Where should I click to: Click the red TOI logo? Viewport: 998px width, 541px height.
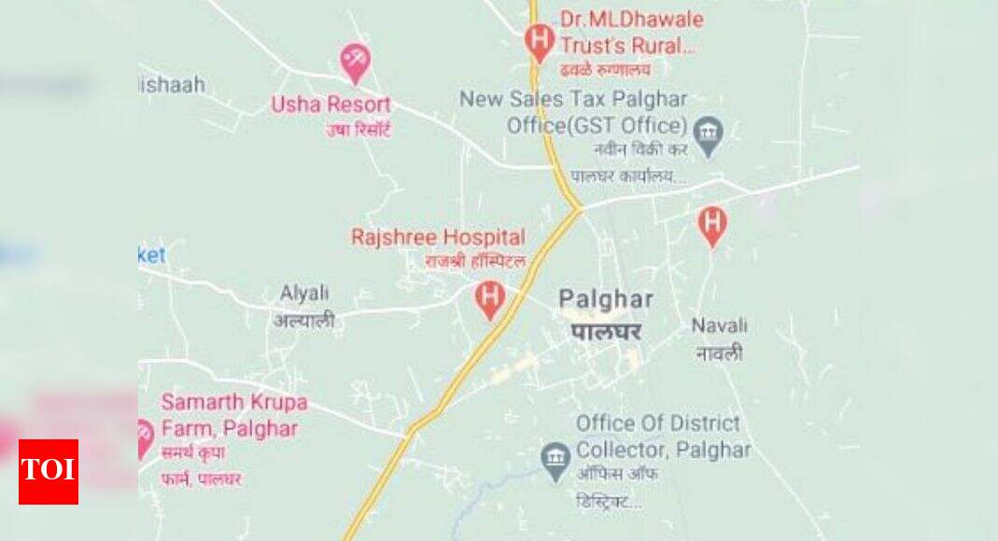(49, 472)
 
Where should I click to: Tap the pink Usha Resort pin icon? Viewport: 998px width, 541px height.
(355, 62)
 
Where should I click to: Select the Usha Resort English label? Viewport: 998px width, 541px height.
(330, 104)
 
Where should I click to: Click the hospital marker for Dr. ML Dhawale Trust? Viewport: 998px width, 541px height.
(539, 41)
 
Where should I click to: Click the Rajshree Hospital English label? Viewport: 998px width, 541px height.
(438, 237)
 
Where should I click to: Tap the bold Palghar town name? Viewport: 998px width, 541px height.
(606, 299)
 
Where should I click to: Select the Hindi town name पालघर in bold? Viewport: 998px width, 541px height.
(607, 332)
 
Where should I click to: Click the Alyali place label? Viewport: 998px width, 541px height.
(304, 293)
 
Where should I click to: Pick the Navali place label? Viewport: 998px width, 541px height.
(719, 326)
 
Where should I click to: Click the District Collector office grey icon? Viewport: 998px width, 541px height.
(556, 459)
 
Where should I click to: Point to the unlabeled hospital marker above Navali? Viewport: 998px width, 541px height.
(712, 225)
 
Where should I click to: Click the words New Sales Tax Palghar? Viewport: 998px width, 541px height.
(573, 100)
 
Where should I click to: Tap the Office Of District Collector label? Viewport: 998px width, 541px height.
(663, 436)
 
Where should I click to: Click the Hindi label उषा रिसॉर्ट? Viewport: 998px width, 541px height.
(358, 130)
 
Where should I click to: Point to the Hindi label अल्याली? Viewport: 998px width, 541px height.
(304, 321)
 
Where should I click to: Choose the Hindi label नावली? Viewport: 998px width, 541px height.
(719, 353)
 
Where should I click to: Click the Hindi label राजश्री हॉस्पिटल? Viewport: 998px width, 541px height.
(475, 261)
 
